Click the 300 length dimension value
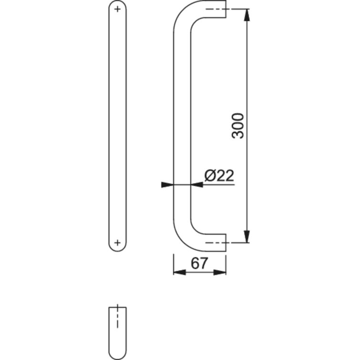pos(238,126)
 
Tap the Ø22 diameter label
pos(219,176)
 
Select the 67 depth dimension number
pos(199,263)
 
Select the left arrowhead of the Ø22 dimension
pos(167,185)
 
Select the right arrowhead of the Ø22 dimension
pos(196,185)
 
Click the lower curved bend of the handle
pos(184,234)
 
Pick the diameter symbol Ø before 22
pos(210,176)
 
